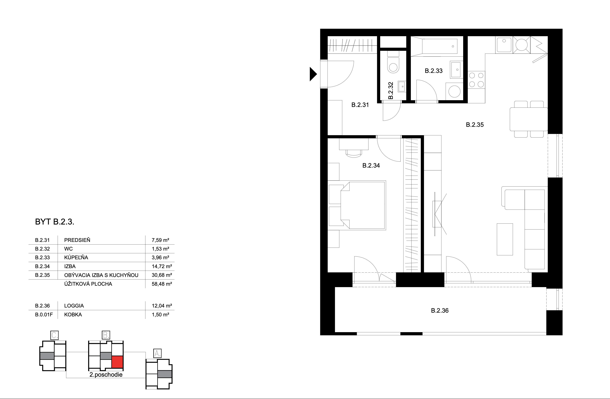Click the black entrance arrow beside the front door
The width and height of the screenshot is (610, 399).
click(x=313, y=74)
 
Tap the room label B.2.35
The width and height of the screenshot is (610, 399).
click(x=475, y=125)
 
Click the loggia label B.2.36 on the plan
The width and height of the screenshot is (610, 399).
click(x=440, y=311)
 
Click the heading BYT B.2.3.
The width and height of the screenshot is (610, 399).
click(x=55, y=222)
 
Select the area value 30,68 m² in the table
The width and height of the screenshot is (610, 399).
click(x=162, y=275)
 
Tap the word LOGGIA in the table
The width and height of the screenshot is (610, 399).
click(x=74, y=306)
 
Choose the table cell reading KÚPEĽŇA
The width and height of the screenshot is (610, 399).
click(x=76, y=257)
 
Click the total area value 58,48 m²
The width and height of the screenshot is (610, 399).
click(x=162, y=284)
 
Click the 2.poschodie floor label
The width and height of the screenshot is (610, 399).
click(x=106, y=375)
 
